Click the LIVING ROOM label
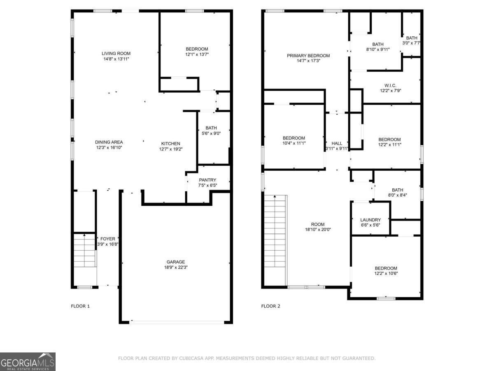point(116,54)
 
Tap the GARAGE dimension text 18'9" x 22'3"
point(176,268)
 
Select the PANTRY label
point(207,180)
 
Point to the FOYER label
point(108,239)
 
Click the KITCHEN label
point(170,144)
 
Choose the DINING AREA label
point(109,142)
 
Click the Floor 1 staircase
point(84,251)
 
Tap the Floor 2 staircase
point(275,231)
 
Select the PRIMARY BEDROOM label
point(308,56)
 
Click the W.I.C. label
point(390,86)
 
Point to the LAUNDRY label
point(370,220)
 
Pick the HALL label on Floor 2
point(337,143)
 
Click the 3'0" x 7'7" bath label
point(411,43)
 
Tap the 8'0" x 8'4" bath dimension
point(397,195)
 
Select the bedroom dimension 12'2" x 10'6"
point(386,273)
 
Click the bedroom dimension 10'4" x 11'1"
point(294,143)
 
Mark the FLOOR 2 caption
point(270,306)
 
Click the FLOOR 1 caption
point(80,306)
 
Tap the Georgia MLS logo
point(28,362)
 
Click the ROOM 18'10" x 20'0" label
point(318,227)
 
